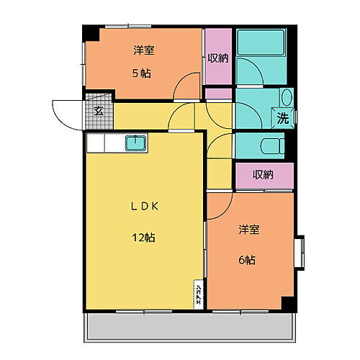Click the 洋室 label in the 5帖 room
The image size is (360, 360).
(x=142, y=51)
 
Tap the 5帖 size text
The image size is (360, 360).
(x=141, y=73)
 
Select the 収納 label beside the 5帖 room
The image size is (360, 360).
(x=217, y=58)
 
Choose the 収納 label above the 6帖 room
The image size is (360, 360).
(x=264, y=174)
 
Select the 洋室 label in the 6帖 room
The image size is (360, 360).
(x=250, y=230)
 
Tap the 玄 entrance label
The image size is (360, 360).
(x=97, y=111)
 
